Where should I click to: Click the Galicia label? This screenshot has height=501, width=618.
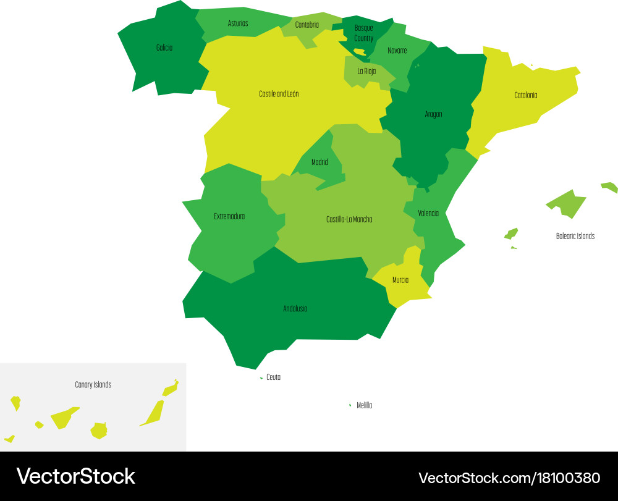click(x=164, y=48)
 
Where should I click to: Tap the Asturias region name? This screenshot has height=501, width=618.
click(x=238, y=23)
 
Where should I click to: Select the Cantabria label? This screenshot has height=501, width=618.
click(x=307, y=25)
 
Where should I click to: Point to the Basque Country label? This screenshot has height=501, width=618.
click(x=364, y=33)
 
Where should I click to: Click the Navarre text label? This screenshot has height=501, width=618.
click(x=397, y=51)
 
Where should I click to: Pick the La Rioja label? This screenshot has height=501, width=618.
click(x=366, y=71)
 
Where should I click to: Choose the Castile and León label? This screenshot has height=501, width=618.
click(x=279, y=95)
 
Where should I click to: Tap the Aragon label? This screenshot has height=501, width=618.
click(x=433, y=114)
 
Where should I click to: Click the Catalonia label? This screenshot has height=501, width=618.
click(x=526, y=95)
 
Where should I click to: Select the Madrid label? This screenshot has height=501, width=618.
click(x=320, y=162)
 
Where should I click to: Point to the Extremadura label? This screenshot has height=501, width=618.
click(x=229, y=217)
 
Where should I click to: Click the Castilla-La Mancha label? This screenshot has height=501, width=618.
click(x=349, y=219)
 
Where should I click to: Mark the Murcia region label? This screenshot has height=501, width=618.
click(x=400, y=280)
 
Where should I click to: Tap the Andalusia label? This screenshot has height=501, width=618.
click(x=295, y=309)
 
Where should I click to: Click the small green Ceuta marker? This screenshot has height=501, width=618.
click(x=261, y=377)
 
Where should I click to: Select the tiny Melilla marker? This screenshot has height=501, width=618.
click(x=350, y=405)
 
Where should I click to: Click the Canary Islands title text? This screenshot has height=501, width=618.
click(x=93, y=385)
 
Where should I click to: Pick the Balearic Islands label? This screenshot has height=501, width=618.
click(x=575, y=236)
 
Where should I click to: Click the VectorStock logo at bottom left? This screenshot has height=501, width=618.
click(x=75, y=476)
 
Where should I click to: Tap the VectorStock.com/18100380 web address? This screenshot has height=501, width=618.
click(x=509, y=478)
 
